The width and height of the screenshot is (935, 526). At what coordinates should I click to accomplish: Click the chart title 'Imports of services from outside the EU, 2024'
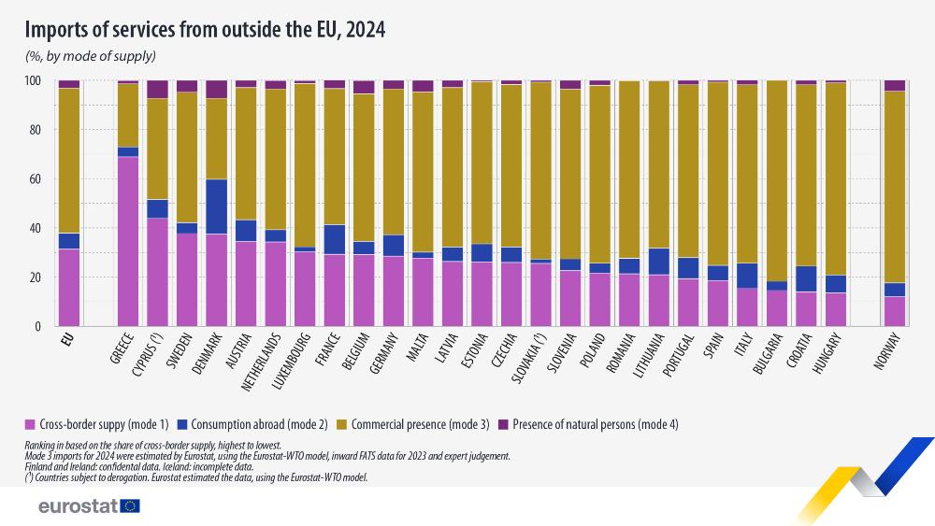[205, 29]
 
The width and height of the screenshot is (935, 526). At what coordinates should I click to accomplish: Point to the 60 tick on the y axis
[38, 179]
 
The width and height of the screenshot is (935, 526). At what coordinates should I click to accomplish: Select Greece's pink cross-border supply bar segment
[127, 241]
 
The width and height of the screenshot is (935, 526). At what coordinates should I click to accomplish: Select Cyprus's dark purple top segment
[157, 90]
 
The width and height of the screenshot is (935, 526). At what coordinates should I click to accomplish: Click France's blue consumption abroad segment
[334, 239]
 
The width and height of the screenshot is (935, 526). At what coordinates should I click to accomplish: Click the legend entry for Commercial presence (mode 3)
[421, 424]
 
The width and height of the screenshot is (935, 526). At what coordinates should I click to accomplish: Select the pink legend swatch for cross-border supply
[32, 424]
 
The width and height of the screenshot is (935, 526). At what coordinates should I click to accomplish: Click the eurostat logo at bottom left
[89, 505]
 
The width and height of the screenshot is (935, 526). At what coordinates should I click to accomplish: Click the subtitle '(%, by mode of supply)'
[90, 56]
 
